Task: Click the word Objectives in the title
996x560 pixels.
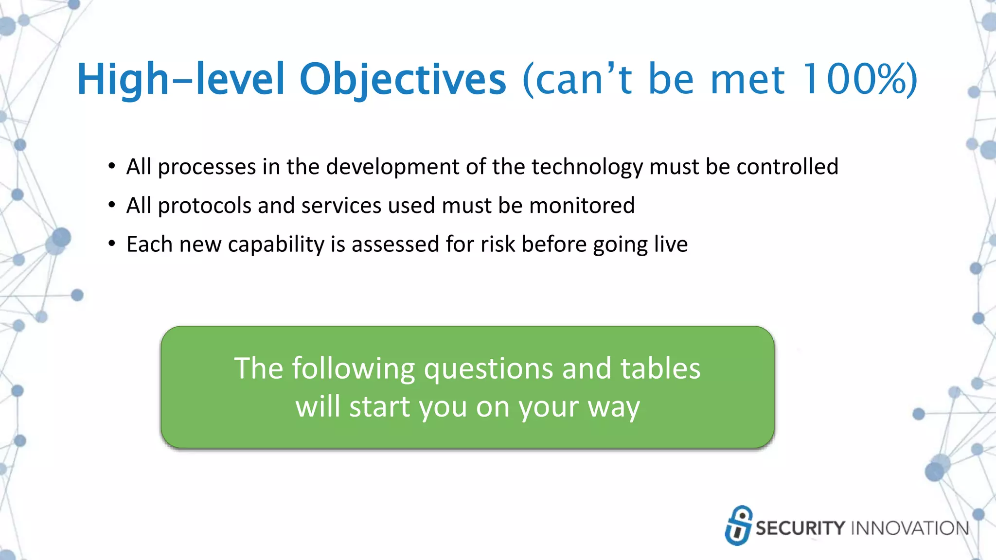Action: click(x=402, y=79)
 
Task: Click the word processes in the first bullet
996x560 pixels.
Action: click(x=207, y=167)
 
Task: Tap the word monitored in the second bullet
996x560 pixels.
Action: click(x=582, y=206)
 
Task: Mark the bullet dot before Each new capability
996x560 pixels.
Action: click(x=112, y=243)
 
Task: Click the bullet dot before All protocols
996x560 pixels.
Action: click(x=112, y=205)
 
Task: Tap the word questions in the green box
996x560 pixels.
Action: click(x=489, y=369)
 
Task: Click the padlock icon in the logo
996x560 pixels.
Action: click(x=738, y=525)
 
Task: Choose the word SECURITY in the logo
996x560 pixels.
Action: click(x=800, y=528)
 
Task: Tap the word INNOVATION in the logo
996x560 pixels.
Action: click(x=910, y=528)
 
